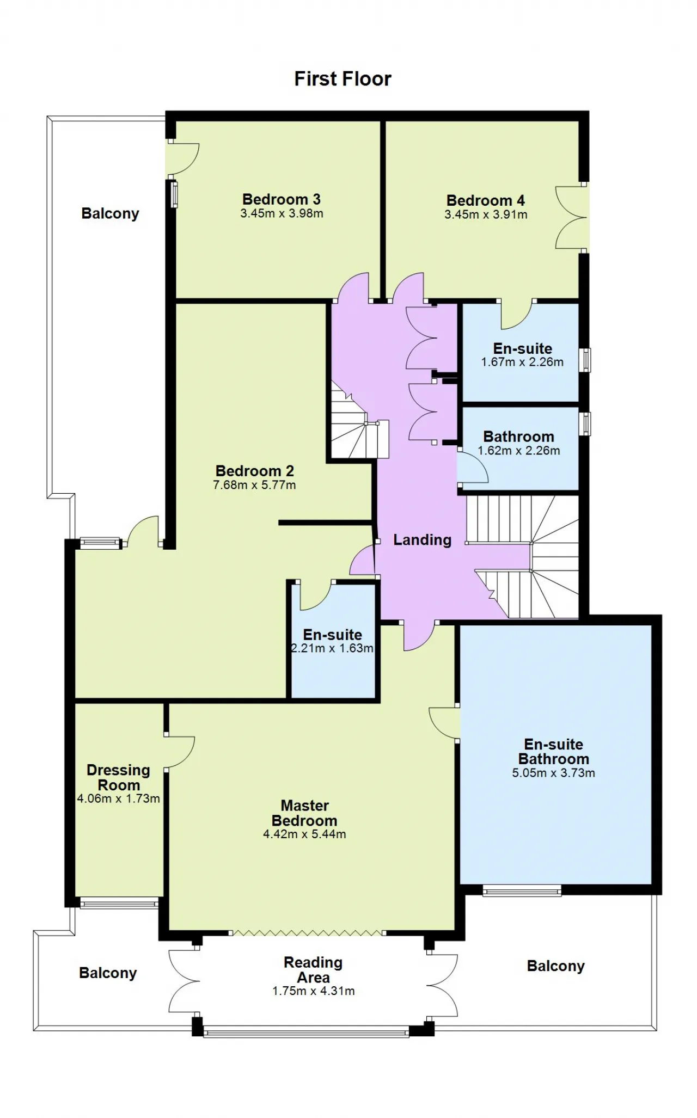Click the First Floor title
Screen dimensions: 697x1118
tap(343, 79)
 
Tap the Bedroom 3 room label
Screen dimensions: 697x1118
tap(282, 199)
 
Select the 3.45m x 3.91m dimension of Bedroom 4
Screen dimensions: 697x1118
tap(486, 214)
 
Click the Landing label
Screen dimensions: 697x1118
tap(423, 540)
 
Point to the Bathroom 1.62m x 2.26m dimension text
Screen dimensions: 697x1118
tap(519, 451)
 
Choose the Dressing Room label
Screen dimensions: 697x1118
tap(119, 778)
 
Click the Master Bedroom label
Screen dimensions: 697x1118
tap(304, 813)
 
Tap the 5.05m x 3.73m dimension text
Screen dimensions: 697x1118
tap(553, 773)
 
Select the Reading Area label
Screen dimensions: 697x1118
tap(313, 970)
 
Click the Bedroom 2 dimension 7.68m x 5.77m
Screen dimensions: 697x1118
tap(254, 485)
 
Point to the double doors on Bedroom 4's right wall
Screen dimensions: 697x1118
tap(572, 218)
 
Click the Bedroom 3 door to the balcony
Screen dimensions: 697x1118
tap(184, 159)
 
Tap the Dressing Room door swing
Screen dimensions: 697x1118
tap(180, 752)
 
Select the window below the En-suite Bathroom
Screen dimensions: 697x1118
tap(522, 891)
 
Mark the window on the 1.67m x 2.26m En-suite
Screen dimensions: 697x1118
tap(585, 360)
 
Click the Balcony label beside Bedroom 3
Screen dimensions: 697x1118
tap(111, 213)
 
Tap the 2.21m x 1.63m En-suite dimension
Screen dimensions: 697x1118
tap(332, 648)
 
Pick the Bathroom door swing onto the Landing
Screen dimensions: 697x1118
tap(472, 467)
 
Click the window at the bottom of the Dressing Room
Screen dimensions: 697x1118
tap(119, 904)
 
